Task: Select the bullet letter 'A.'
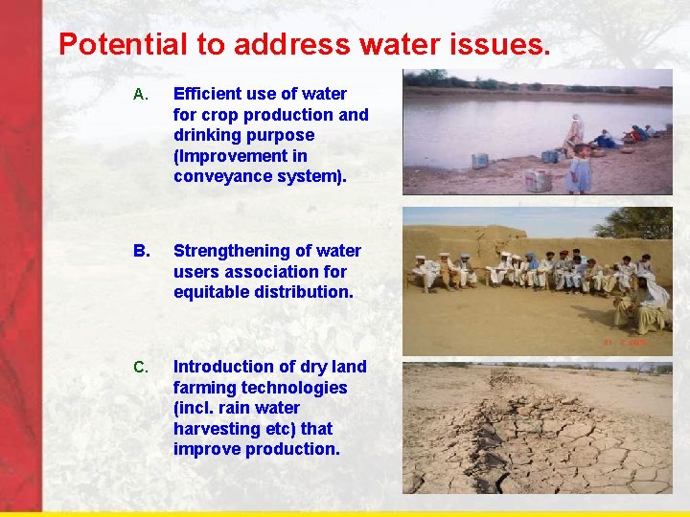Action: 139,95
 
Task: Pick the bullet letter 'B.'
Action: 141,251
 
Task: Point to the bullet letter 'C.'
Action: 140,367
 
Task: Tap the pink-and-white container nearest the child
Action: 538,180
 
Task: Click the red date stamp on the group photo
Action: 625,341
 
